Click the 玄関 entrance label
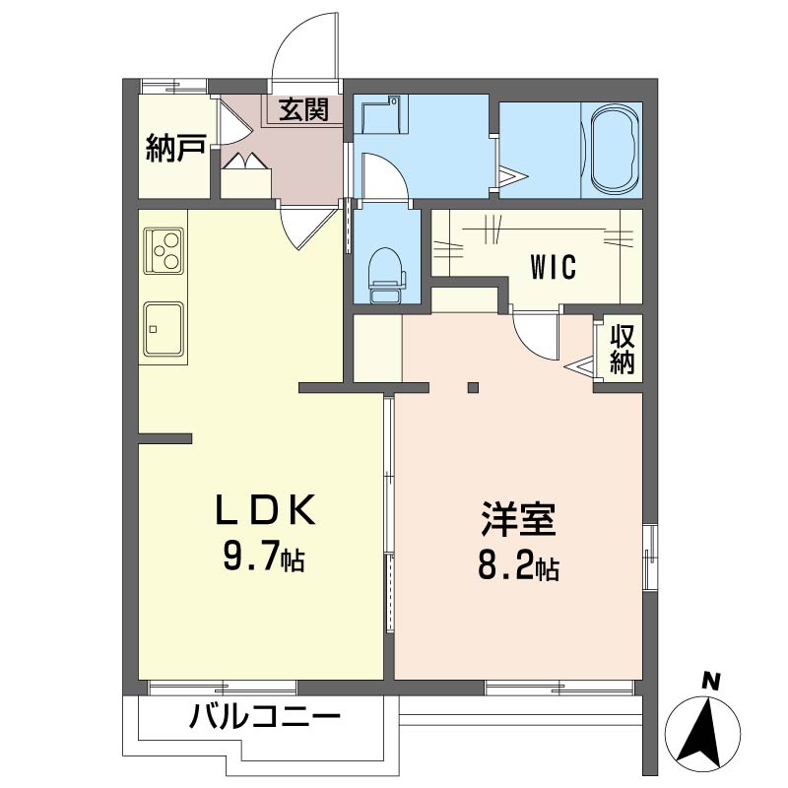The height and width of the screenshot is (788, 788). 303,109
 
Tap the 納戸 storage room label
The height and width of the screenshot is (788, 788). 175,148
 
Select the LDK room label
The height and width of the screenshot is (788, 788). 266,509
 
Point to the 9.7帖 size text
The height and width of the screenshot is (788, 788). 264,558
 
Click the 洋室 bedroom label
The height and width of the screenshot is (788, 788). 518,519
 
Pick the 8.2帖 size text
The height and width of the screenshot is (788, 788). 518,567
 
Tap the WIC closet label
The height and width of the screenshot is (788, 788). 554,267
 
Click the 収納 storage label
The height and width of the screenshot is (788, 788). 623,350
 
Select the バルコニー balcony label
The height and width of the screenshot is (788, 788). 265,716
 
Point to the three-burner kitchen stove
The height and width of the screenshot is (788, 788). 164,251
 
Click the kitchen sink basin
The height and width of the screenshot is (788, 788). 164,329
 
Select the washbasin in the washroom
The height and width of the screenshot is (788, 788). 381,115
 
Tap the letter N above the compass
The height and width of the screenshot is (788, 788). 711,681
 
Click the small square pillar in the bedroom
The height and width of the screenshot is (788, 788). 473,387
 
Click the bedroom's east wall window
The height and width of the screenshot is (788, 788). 650,557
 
